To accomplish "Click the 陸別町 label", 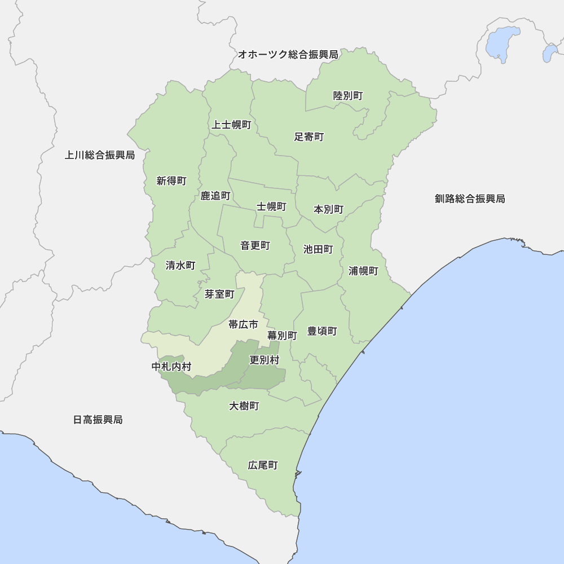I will [x=348, y=96].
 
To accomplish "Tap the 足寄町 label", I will [x=309, y=137].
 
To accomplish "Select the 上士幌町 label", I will [x=231, y=125].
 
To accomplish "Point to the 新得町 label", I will [x=171, y=181].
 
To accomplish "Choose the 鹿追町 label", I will [x=215, y=196].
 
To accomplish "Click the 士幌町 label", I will [x=272, y=206].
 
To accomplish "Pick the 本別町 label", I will [x=328, y=209].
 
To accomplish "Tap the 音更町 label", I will [x=255, y=245].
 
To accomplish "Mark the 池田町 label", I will [x=318, y=249].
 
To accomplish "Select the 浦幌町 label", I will [x=363, y=271].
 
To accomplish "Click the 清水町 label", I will [x=180, y=265].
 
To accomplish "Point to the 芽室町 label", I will [x=219, y=294].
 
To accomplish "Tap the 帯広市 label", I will [x=243, y=324].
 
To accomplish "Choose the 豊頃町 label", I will [x=322, y=331].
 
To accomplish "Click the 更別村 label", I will [x=264, y=359].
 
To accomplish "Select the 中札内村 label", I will [x=171, y=367].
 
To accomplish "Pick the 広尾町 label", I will [x=263, y=465].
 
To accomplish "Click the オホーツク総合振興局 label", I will [x=288, y=55].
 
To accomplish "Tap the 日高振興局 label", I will [x=98, y=420].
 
